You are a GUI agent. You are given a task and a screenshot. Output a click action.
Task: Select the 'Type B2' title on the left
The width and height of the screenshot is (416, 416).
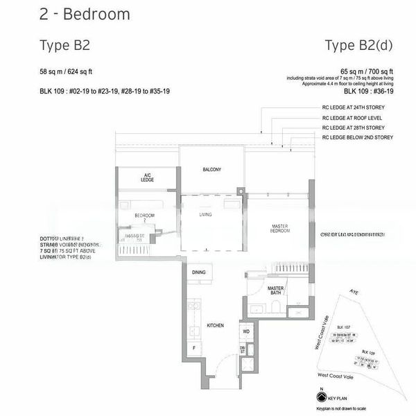65,46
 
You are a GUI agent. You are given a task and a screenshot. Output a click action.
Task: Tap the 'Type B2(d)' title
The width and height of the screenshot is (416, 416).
359,46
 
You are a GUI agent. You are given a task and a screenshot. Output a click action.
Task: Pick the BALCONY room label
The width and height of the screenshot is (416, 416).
211,170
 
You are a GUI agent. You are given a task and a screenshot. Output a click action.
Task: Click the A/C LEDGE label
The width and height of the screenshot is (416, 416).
148,177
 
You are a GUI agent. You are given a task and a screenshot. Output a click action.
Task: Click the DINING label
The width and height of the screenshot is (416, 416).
199,272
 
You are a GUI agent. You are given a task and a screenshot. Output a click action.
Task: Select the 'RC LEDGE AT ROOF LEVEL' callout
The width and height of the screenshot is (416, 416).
357,118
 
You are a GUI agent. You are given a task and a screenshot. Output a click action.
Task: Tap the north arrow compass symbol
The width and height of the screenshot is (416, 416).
322,397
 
